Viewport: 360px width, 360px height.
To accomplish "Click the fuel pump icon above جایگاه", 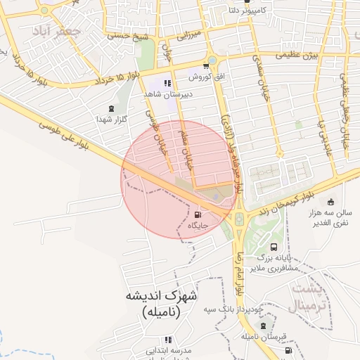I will click(x=197, y=214).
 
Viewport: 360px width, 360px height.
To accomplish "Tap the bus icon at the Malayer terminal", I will click(x=273, y=247).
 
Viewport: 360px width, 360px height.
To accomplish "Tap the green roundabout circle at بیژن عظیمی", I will click(x=212, y=60).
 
